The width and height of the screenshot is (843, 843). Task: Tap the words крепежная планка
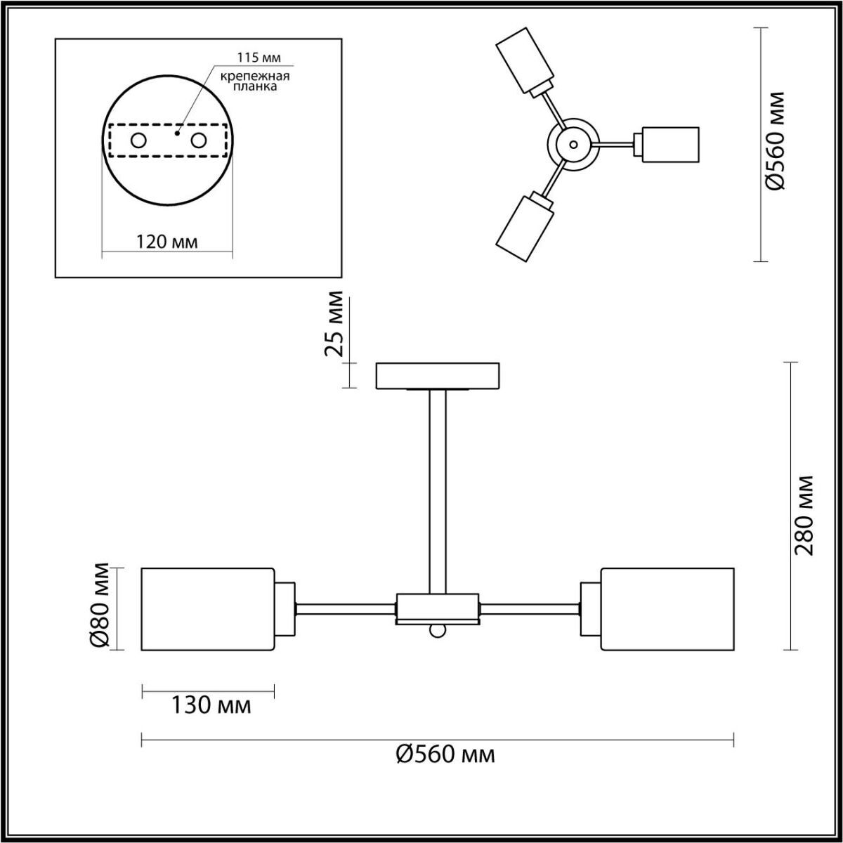[x=251, y=81]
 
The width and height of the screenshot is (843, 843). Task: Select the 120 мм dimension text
[x=166, y=242]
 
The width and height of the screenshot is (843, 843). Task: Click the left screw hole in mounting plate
[x=138, y=140]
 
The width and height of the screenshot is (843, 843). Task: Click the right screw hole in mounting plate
[x=199, y=140]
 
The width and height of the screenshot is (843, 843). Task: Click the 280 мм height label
[x=804, y=515]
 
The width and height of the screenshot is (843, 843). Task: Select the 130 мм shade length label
[x=211, y=705]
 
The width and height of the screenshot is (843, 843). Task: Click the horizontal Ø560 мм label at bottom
[x=445, y=754]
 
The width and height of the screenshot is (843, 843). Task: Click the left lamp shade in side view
[x=207, y=608]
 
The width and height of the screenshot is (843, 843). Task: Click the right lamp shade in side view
[x=667, y=608]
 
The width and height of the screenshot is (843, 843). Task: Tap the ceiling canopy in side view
[x=438, y=375]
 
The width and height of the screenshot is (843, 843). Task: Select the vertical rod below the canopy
[x=438, y=492]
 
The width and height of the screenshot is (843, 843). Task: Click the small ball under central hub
[x=438, y=631]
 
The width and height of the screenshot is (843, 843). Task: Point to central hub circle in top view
[x=574, y=145]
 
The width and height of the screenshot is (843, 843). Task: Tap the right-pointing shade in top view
[x=669, y=144]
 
